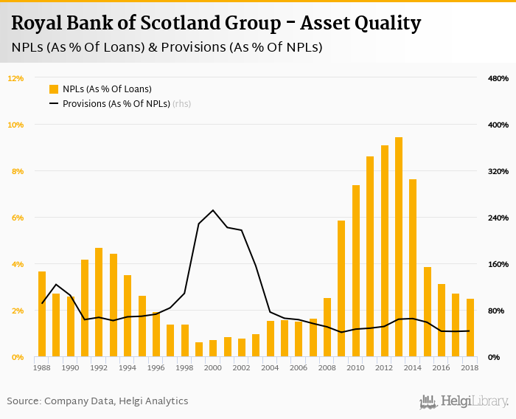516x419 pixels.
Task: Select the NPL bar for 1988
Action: tap(42, 314)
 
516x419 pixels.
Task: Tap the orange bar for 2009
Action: tap(341, 288)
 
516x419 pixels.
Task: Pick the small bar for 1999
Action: tap(199, 350)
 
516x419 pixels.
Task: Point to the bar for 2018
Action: tap(470, 328)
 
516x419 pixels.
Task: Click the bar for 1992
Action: tap(99, 302)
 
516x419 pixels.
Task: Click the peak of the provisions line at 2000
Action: tap(213, 210)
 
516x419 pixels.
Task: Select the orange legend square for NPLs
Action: tap(54, 89)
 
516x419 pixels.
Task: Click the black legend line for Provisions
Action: tap(54, 104)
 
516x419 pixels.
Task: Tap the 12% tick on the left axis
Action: tap(16, 78)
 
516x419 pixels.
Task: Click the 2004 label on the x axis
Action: tap(271, 367)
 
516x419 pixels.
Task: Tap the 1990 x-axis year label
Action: tap(71, 367)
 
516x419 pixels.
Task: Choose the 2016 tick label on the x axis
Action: tap(442, 367)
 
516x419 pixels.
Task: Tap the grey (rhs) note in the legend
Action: tap(181, 104)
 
